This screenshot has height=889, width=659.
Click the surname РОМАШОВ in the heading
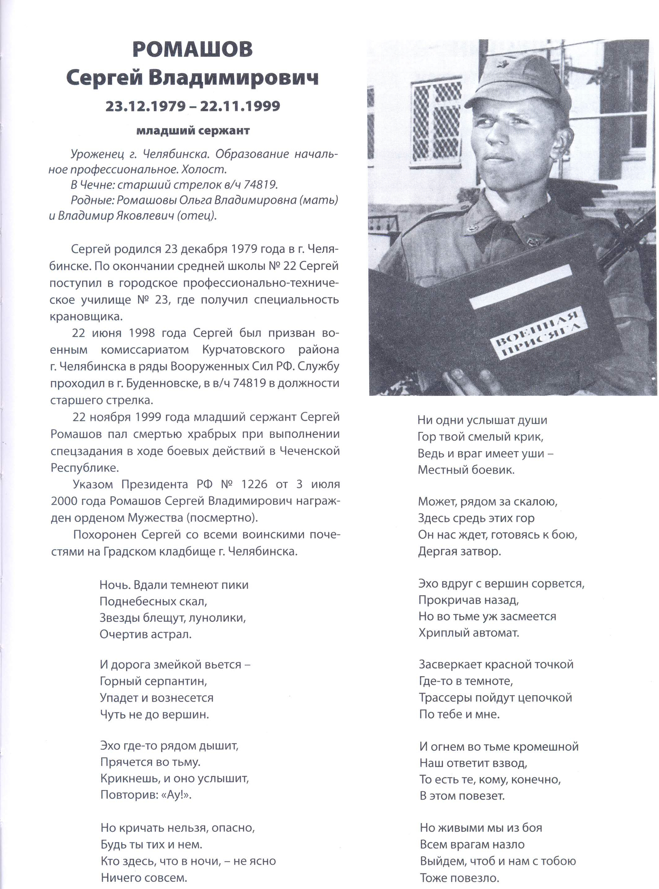pyautogui.click(x=192, y=50)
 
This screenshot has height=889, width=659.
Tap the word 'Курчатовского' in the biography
pyautogui.click(x=243, y=349)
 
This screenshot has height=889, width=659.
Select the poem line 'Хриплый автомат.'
pyautogui.click(x=469, y=633)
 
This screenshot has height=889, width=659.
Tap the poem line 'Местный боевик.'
pyautogui.click(x=466, y=470)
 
